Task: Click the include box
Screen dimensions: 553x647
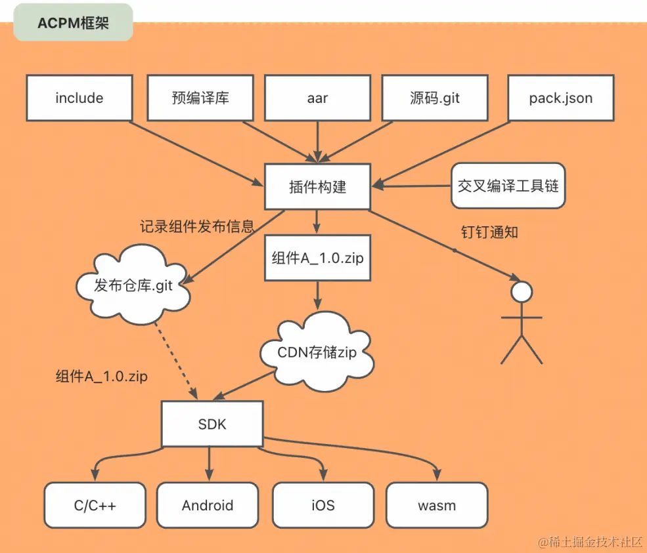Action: pyautogui.click(x=79, y=98)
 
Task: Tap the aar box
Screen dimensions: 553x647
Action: pyautogui.click(x=317, y=98)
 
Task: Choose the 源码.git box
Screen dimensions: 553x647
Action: pyautogui.click(x=435, y=98)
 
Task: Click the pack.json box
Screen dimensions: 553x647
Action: pyautogui.click(x=561, y=98)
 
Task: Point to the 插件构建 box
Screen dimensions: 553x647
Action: pyautogui.click(x=317, y=187)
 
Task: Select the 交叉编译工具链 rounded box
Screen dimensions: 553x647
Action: pyautogui.click(x=508, y=186)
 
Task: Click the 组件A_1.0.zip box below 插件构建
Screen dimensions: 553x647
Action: pyautogui.click(x=317, y=258)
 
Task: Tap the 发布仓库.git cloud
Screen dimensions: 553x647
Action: pyautogui.click(x=133, y=286)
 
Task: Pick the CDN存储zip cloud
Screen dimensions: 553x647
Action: pyautogui.click(x=317, y=353)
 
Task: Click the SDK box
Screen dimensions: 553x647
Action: pyautogui.click(x=212, y=424)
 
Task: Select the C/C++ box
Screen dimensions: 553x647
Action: pyautogui.click(x=95, y=505)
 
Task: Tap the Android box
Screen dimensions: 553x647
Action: pyautogui.click(x=208, y=505)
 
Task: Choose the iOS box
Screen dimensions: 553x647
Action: pyautogui.click(x=323, y=505)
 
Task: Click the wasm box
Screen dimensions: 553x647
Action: pyautogui.click(x=437, y=505)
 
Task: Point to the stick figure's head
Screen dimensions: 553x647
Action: pyautogui.click(x=522, y=292)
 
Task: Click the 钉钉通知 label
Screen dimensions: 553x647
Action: pyautogui.click(x=490, y=232)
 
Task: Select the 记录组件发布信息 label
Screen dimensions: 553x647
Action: pyautogui.click(x=197, y=227)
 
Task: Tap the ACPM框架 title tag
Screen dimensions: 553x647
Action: pyautogui.click(x=73, y=24)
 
